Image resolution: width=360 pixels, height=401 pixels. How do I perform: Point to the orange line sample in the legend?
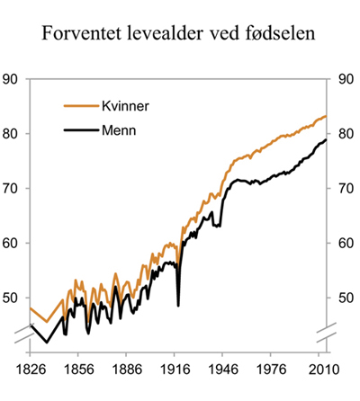[76, 105]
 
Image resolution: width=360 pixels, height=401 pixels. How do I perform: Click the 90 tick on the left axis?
[13, 79]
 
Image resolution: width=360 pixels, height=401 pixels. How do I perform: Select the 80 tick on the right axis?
[346, 134]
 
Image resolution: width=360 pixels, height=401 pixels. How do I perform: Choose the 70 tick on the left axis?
[13, 189]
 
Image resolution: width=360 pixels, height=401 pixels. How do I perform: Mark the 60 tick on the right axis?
[346, 244]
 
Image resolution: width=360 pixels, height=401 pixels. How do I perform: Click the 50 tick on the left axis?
[13, 299]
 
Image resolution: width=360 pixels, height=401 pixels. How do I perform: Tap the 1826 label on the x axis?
[30, 369]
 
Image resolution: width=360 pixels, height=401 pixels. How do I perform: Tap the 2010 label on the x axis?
[323, 369]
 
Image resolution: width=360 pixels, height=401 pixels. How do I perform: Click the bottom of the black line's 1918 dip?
[178, 305]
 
